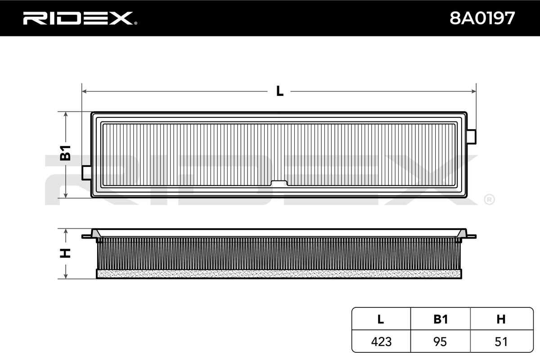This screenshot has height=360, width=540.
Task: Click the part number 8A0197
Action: pos(482,18)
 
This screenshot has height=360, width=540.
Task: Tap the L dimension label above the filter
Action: pos(279,91)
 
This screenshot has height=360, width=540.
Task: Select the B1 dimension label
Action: pos(66,153)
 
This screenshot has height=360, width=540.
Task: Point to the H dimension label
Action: pos(66,253)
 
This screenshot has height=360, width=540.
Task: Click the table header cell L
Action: pos(381,319)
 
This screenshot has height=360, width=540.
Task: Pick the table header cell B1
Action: pos(441,319)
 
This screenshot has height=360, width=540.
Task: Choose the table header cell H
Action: pos(501,319)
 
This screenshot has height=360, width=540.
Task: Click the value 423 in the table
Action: pos(381,342)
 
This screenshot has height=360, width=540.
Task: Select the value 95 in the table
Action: pos(441,342)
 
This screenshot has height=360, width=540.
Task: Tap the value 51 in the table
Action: pos(501,342)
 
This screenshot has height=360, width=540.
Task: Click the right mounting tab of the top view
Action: pos(472,136)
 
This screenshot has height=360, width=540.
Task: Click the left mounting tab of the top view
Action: pos(86,172)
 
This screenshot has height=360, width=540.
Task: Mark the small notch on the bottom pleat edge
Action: pos(279,183)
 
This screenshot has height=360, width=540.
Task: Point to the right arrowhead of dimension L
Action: pos(473,91)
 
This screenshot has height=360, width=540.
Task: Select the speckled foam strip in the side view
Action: pos(279,274)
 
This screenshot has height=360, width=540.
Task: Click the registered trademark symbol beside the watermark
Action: pos(489,199)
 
